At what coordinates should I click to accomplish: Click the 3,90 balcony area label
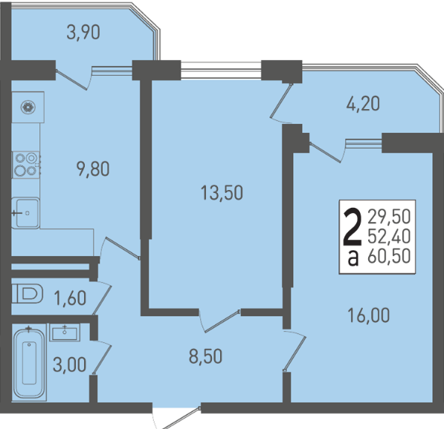tap(83, 33)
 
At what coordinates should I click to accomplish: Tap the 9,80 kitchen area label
tap(93, 169)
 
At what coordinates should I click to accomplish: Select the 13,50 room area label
tap(222, 193)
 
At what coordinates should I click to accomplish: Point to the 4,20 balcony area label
tap(363, 104)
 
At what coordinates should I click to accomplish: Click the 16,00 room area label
tap(368, 315)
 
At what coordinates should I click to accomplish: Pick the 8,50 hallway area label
tap(205, 356)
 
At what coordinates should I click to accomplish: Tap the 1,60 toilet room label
tap(70, 298)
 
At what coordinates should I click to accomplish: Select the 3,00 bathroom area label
tap(69, 364)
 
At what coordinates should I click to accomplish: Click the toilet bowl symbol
tap(28, 294)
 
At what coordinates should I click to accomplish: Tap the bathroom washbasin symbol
tap(65, 333)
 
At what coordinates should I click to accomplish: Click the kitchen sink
tap(25, 213)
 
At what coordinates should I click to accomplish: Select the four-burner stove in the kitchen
tap(25, 165)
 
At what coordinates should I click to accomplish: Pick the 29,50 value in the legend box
tap(389, 217)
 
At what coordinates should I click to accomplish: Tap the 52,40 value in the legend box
tap(389, 237)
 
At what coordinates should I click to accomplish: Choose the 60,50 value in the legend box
tap(389, 256)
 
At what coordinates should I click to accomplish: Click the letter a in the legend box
tap(353, 258)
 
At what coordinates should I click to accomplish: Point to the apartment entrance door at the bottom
tap(177, 418)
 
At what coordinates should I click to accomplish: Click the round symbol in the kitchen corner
tap(28, 108)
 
